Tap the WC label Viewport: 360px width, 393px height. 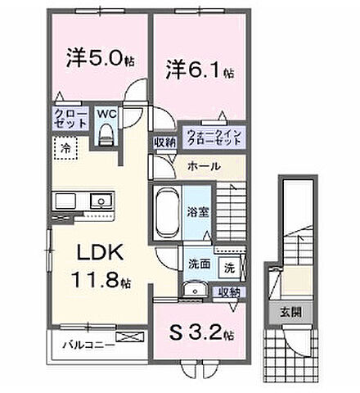(x=107, y=115)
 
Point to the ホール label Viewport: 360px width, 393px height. (x=203, y=166)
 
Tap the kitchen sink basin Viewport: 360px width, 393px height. (x=101, y=200)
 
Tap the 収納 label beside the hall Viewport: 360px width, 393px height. (x=163, y=142)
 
